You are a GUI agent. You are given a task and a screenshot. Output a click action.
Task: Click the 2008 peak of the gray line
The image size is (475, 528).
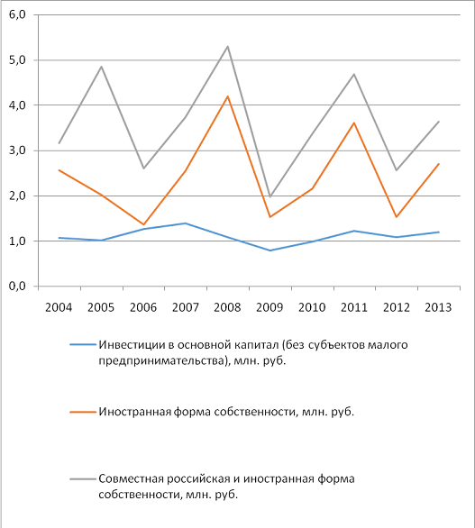point(228,46)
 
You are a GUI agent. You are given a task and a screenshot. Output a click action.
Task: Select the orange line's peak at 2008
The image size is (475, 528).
point(228,96)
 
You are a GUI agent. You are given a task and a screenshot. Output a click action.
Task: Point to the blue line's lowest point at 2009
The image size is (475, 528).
point(269,250)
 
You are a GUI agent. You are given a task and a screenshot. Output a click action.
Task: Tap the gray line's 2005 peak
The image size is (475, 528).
point(101,67)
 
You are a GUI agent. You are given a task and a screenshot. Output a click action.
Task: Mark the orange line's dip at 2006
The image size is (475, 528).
point(143,224)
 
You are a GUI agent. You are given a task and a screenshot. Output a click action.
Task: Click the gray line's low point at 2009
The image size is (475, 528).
point(269,196)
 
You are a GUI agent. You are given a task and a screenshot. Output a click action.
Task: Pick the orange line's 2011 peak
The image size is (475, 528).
point(354,123)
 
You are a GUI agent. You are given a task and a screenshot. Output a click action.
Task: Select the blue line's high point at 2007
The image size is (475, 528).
point(186,223)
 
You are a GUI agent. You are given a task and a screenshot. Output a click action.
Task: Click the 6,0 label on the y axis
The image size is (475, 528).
point(17,14)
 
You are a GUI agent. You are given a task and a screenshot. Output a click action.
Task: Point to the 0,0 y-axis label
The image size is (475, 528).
point(17,287)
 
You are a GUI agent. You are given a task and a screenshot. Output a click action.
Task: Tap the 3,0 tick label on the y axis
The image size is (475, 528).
point(17,150)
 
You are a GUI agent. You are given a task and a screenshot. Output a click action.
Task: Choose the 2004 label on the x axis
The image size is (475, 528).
point(59,307)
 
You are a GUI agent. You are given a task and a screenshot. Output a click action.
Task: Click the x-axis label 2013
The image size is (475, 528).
point(438,307)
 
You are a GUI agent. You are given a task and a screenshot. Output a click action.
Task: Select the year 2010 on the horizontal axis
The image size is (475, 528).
point(312,307)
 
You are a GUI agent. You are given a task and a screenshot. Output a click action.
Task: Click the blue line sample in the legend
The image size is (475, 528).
point(83,345)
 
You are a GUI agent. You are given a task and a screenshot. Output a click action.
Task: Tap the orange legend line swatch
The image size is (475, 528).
point(83,412)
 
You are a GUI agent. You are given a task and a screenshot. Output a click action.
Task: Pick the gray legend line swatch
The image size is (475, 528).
point(83,478)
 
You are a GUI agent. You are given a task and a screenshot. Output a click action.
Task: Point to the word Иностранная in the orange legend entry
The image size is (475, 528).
point(135,412)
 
